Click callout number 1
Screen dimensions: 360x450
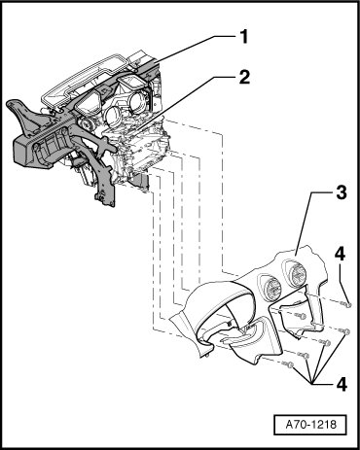coord(243,36)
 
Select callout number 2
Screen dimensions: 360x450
coord(244,78)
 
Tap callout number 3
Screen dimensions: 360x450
coord(341,193)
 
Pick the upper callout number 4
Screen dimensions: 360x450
coord(340,255)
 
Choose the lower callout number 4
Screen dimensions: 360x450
coord(341,385)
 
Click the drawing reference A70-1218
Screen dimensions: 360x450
coord(310,425)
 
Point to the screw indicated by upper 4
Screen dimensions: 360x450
coord(346,304)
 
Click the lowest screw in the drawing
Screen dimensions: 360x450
coord(288,364)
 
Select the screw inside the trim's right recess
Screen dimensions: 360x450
coord(301,315)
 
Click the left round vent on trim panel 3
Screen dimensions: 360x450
coord(272,288)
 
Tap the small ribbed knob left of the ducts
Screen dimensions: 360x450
coord(86,123)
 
